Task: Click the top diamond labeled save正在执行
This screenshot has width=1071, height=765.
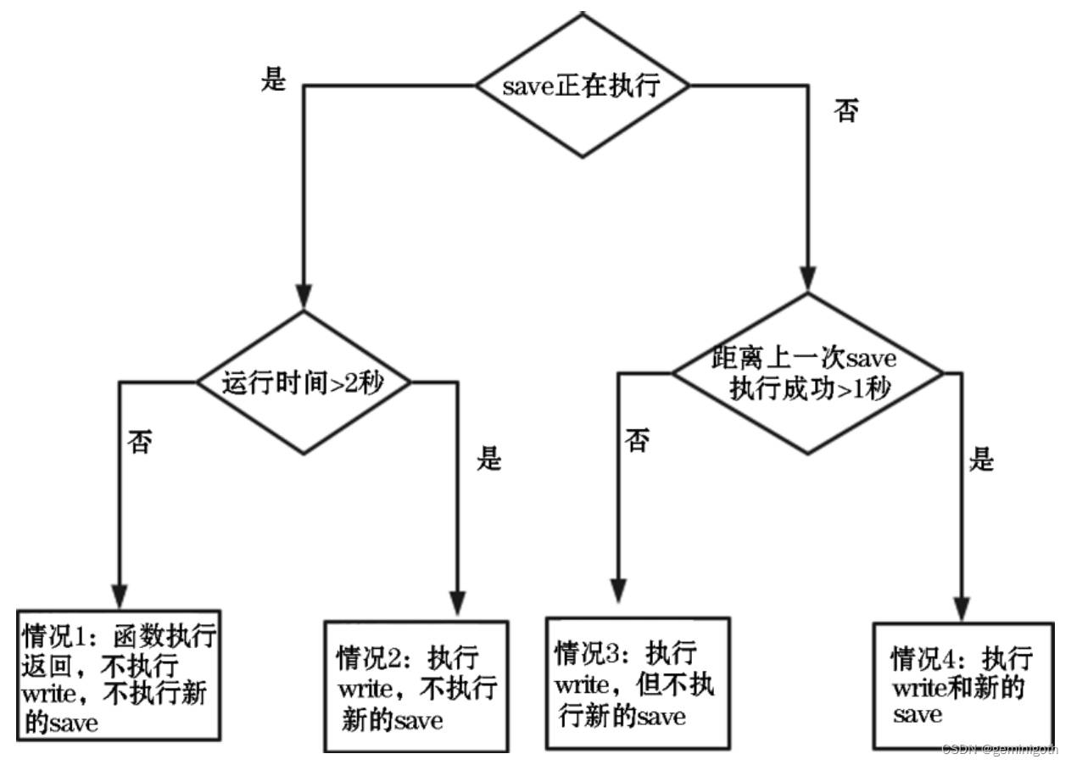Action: [582, 86]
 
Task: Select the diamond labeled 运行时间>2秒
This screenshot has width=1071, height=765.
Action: [304, 382]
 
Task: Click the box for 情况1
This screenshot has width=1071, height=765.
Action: [118, 674]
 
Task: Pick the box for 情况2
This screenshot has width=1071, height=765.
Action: [416, 685]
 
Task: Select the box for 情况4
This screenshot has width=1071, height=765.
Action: [963, 685]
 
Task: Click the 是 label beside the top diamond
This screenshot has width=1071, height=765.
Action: [273, 80]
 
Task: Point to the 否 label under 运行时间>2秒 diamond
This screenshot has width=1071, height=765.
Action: [139, 443]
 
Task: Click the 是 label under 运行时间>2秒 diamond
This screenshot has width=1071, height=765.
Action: [488, 460]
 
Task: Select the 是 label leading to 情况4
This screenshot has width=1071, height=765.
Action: [980, 461]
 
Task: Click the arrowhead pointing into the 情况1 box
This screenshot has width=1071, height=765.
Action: [119, 595]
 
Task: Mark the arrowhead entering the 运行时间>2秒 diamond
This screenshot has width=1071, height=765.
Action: [304, 297]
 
